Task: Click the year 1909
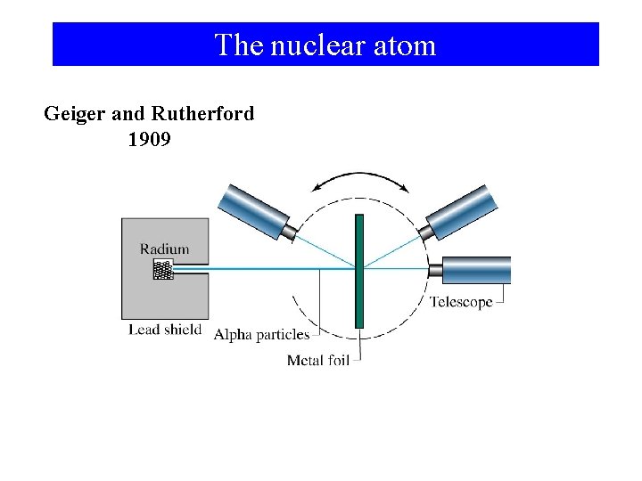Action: (149, 140)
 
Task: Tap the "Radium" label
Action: (164, 249)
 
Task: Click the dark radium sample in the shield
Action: (162, 270)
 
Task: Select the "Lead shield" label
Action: (165, 330)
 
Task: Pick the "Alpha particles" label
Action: (261, 335)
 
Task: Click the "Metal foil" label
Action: (317, 360)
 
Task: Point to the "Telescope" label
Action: (461, 302)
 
